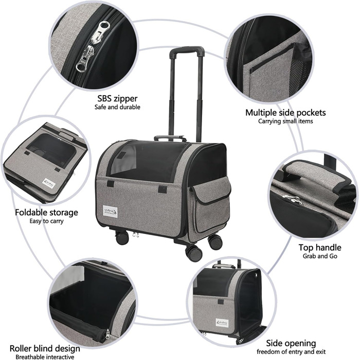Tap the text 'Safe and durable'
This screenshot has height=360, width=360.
coord(117,107)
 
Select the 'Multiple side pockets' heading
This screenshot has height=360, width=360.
coord(285,113)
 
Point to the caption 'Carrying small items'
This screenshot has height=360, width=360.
coord(285,121)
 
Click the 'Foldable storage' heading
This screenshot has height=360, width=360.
coord(47,212)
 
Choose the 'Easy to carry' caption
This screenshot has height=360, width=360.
coord(47,221)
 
